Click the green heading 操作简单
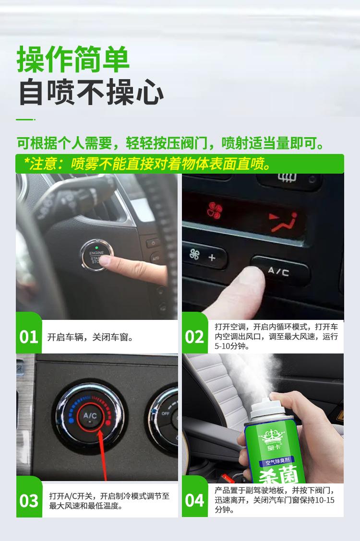point(73,59)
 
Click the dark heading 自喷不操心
point(91,92)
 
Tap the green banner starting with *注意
point(180,164)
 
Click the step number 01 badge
point(29,337)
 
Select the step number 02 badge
point(194,337)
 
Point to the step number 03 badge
point(29,501)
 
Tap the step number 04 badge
point(194,501)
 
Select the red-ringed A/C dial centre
point(90,415)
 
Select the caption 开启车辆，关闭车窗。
point(90,337)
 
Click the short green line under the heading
point(24,119)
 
